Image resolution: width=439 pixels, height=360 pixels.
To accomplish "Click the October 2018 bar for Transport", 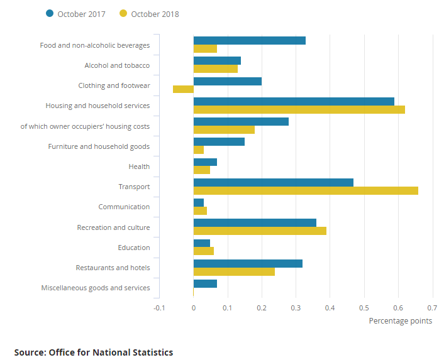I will pyautogui.click(x=306, y=190).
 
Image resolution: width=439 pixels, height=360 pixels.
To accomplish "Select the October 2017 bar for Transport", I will pyautogui.click(x=273, y=182).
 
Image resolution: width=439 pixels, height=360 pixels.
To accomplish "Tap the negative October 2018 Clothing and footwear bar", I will pyautogui.click(x=183, y=89).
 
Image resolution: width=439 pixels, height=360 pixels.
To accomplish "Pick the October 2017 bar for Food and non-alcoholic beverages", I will pyautogui.click(x=250, y=41).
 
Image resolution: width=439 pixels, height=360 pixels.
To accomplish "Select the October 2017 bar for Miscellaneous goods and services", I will pyautogui.click(x=205, y=283).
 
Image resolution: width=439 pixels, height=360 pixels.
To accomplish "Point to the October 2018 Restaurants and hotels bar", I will pyautogui.click(x=234, y=271).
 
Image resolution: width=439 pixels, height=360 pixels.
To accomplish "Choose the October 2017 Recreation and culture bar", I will pyautogui.click(x=255, y=222).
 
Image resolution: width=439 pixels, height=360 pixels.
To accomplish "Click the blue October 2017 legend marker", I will pyautogui.click(x=50, y=14).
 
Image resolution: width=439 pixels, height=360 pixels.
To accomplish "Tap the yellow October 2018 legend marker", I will pyautogui.click(x=123, y=14).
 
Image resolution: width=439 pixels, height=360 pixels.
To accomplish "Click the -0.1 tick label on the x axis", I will pyautogui.click(x=159, y=308).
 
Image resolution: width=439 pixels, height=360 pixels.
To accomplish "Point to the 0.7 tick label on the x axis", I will pyautogui.click(x=432, y=308).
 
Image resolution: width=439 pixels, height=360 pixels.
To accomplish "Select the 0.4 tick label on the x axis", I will pyautogui.click(x=330, y=308).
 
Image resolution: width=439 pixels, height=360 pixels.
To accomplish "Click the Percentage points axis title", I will pyautogui.click(x=400, y=321).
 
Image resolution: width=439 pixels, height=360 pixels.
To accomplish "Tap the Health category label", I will pyautogui.click(x=139, y=166).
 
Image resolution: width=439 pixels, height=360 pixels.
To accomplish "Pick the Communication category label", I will pyautogui.click(x=124, y=207).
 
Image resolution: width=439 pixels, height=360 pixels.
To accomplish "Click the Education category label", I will pyautogui.click(x=134, y=248).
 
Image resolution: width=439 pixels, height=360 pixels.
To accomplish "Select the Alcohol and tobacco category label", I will pyautogui.click(x=117, y=65).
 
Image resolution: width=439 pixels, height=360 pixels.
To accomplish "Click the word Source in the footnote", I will pyautogui.click(x=29, y=352).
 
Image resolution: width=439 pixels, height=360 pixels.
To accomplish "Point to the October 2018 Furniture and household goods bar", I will pyautogui.click(x=199, y=150).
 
